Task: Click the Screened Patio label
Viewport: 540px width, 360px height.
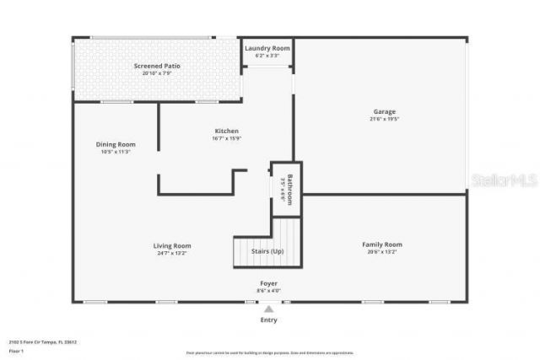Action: [157, 66]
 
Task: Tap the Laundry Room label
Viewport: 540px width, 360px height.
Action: [267, 48]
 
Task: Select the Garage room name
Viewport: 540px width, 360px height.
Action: [385, 111]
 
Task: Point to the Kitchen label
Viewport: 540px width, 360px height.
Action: [226, 131]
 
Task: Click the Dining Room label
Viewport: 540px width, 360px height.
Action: [115, 144]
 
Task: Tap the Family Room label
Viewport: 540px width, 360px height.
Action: [382, 244]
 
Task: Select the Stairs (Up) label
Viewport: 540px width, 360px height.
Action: [267, 251]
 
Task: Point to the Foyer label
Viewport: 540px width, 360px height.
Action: [268, 283]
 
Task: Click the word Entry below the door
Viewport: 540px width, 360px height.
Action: [268, 320]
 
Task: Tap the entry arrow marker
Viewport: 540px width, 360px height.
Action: [268, 309]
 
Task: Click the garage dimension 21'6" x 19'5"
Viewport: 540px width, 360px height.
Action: [385, 119]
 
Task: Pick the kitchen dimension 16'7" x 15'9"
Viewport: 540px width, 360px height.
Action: [226, 138]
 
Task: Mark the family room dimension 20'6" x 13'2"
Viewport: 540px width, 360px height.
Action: [382, 252]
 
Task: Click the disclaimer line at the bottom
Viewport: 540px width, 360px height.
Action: [271, 352]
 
